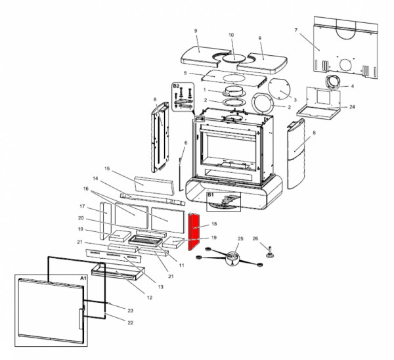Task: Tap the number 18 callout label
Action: tap(214, 225)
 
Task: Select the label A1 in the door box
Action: tap(83, 279)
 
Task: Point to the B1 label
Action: tap(211, 195)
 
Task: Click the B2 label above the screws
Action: tap(176, 86)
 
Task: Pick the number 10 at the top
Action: tap(231, 35)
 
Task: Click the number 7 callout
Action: tap(296, 31)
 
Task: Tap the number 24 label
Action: tap(353, 106)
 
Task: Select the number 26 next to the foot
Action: tap(256, 238)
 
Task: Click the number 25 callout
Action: tap(240, 238)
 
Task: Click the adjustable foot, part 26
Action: tap(269, 250)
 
